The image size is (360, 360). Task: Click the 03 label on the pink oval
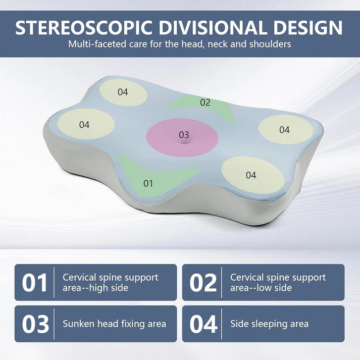click(184, 135)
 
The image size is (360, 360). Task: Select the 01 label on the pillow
click(148, 183)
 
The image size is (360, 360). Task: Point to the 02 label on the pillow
click(204, 102)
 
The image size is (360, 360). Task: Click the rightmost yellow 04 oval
click(284, 130)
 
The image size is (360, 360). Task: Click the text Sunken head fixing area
click(114, 324)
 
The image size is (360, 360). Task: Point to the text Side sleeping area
click(269, 324)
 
